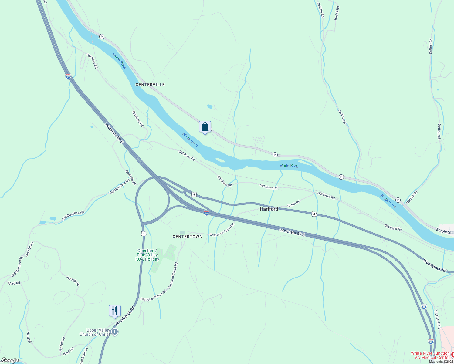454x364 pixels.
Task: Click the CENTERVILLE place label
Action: (x=150, y=85)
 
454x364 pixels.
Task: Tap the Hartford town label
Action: (x=269, y=209)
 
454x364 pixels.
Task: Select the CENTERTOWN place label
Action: (x=188, y=237)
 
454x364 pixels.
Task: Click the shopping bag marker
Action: (x=205, y=127)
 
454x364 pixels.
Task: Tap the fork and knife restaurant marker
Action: (x=115, y=311)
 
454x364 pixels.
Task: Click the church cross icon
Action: (x=115, y=332)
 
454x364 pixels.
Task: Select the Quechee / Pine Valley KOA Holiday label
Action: (x=147, y=255)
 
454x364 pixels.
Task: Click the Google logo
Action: (x=10, y=360)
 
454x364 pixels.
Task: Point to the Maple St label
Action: (x=444, y=231)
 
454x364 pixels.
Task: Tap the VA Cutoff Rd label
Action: (x=437, y=320)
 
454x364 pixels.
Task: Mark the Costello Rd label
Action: (x=131, y=177)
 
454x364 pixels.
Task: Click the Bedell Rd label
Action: (x=337, y=13)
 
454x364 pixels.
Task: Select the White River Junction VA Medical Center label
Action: (x=430, y=355)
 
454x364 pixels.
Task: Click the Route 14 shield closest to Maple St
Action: (x=398, y=200)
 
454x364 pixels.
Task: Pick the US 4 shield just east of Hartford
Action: (x=314, y=214)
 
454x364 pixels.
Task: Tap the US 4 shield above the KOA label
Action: (x=144, y=234)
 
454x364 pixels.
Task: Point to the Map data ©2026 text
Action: (x=441, y=362)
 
